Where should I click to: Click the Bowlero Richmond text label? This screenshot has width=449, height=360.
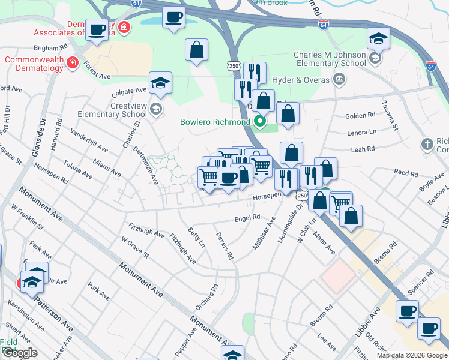[215, 122]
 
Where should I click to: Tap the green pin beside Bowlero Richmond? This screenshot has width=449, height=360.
[260, 122]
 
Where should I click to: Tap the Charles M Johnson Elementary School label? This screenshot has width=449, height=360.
[330, 59]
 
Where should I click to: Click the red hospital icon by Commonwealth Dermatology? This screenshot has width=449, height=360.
[73, 63]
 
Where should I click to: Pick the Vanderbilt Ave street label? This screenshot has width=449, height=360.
[89, 139]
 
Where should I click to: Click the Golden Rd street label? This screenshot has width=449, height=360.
[360, 116]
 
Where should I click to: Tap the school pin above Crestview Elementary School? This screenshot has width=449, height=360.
[160, 83]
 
